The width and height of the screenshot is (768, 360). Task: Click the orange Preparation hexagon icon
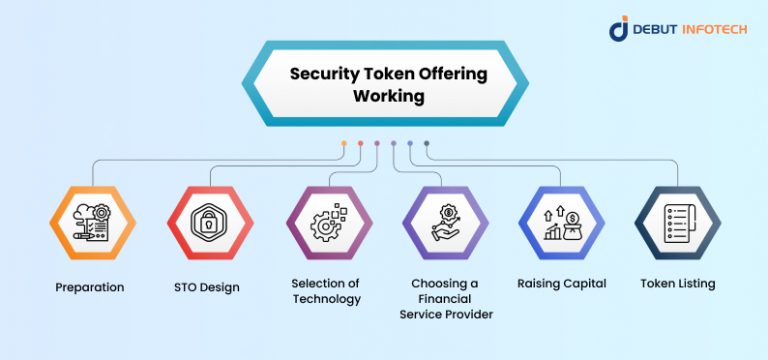click(92, 223)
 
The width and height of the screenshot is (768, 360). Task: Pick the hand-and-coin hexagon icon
click(444, 223)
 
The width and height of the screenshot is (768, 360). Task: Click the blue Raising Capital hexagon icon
click(561, 223)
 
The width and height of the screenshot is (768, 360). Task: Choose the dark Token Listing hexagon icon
click(678, 223)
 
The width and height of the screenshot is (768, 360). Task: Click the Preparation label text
click(90, 287)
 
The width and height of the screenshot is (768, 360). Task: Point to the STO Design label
click(207, 288)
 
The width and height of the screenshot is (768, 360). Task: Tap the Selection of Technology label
click(325, 291)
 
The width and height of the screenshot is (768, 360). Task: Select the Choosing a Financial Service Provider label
click(446, 299)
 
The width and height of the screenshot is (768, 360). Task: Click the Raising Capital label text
click(562, 283)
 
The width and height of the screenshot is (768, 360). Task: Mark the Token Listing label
click(678, 283)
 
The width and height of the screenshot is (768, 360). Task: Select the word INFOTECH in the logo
click(712, 30)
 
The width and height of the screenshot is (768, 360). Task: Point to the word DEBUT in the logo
click(656, 30)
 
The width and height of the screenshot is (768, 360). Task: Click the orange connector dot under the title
click(344, 143)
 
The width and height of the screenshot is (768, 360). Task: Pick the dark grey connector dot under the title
click(427, 143)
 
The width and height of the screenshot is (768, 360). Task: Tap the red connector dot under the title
click(360, 143)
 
